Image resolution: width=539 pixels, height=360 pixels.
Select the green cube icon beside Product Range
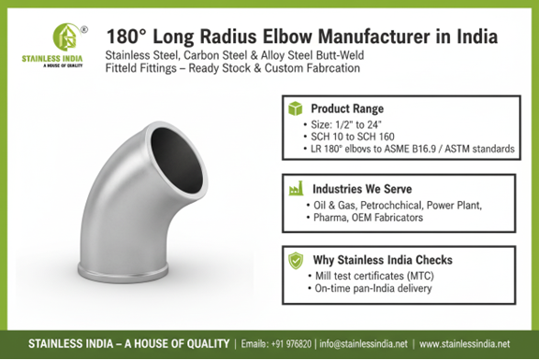coord(296,108)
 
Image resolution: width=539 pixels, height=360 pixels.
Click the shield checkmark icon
coord(296,260)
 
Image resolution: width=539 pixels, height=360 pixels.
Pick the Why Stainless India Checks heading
coord(383,260)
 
